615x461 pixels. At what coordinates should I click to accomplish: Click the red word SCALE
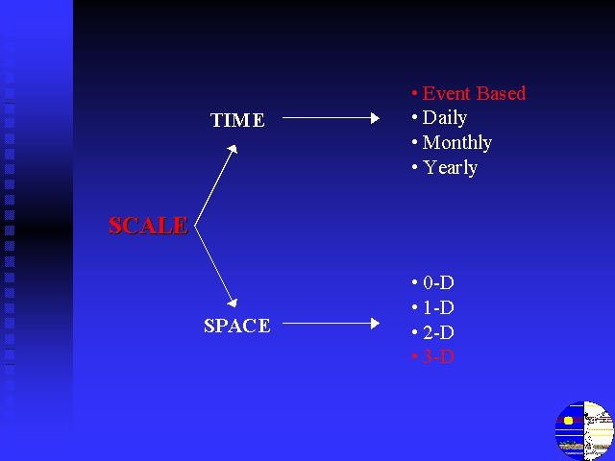tap(148, 226)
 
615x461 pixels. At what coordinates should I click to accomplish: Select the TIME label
tap(237, 120)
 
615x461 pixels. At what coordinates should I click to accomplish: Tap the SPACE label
tap(237, 326)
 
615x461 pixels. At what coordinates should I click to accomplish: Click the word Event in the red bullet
tap(446, 93)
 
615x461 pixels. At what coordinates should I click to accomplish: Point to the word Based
tap(501, 93)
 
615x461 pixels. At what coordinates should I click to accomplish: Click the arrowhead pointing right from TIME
tap(375, 117)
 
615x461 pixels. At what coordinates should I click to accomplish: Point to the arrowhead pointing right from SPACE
tap(375, 324)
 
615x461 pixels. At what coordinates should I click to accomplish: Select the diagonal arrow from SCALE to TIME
tap(215, 185)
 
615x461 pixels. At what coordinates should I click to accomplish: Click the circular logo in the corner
tap(584, 430)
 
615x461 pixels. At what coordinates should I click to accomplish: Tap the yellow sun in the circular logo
tap(568, 421)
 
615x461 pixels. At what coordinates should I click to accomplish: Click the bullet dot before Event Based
tap(414, 93)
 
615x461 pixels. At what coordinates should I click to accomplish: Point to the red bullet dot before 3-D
tap(414, 356)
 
